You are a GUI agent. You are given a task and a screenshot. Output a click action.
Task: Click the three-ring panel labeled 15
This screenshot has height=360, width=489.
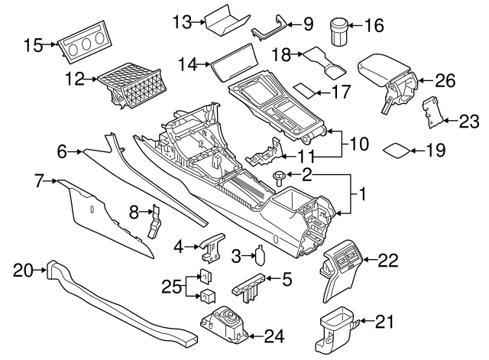(82, 49)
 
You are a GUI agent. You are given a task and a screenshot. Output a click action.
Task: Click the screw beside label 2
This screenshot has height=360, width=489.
(280, 177)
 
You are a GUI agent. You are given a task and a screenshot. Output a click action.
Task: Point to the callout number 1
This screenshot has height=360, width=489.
(362, 196)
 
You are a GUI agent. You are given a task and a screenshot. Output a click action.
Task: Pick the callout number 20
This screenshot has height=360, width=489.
(24, 268)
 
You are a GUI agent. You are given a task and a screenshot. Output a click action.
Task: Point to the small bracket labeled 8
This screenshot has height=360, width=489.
(155, 222)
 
